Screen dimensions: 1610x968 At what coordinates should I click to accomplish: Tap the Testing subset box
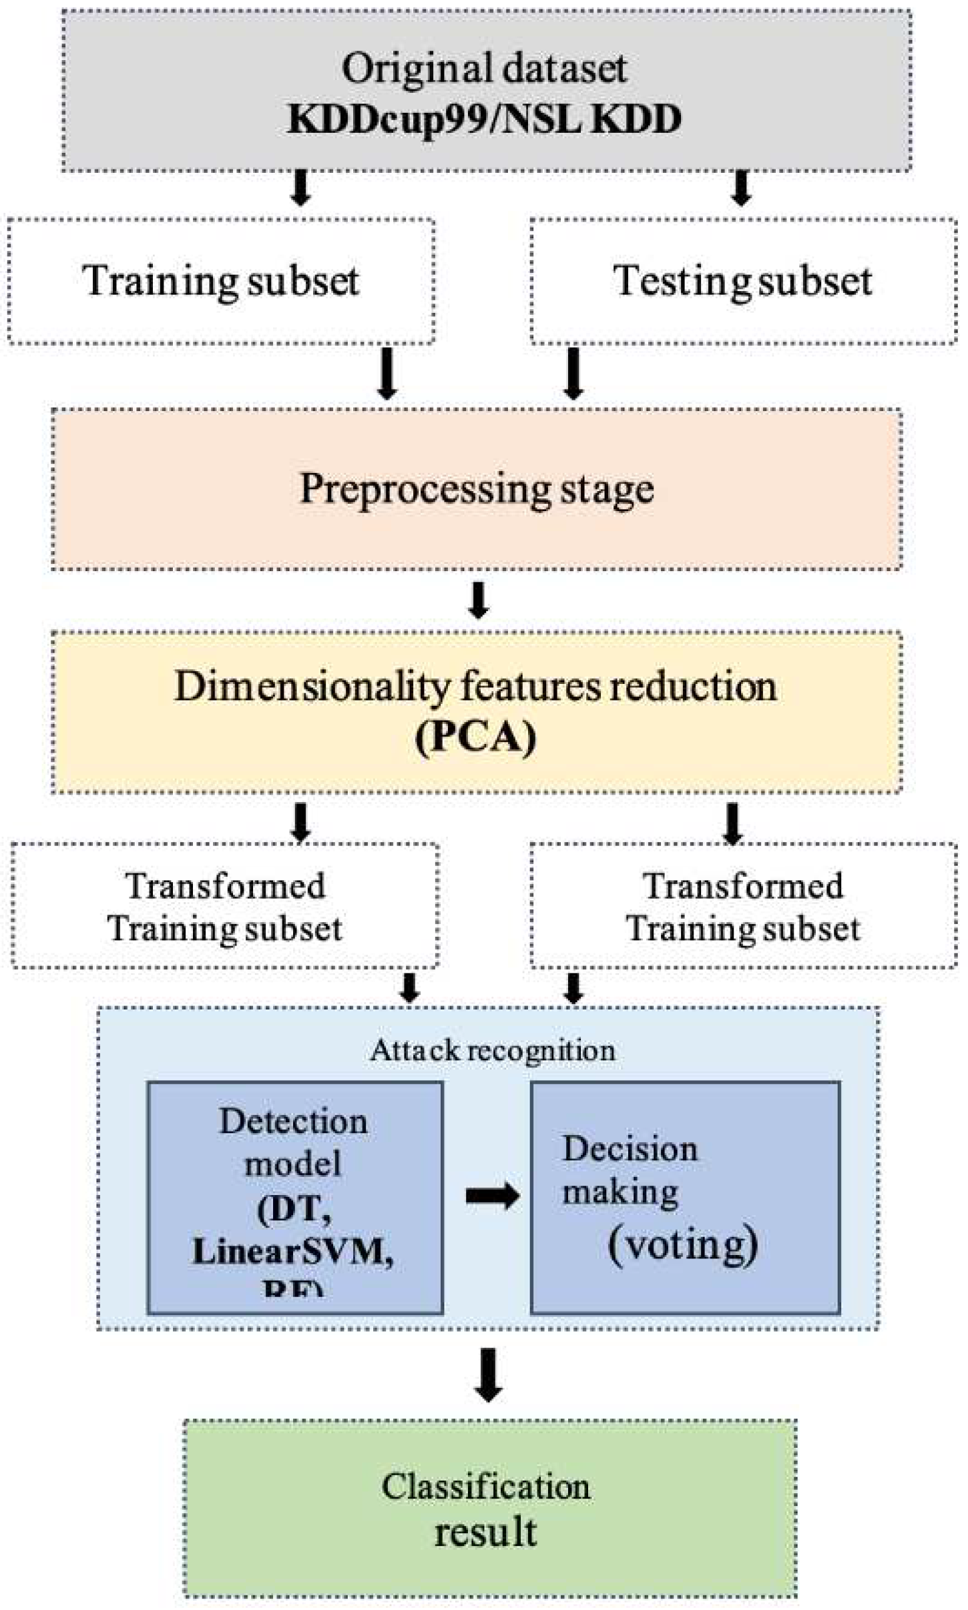742,280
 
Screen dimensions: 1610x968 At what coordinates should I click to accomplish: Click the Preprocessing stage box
477,489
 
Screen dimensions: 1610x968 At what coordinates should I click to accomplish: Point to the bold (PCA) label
475,737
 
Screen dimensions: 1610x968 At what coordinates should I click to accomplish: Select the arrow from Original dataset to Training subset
300,187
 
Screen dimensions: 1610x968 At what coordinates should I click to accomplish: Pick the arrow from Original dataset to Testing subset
741,187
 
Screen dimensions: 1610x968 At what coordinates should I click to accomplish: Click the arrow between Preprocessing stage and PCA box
478,600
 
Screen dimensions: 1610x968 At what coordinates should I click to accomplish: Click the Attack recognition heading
492,1051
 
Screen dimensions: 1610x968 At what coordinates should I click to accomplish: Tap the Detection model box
294,1198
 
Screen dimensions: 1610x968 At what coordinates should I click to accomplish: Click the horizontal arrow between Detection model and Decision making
492,1195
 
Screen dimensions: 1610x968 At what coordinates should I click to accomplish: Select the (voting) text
682,1244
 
